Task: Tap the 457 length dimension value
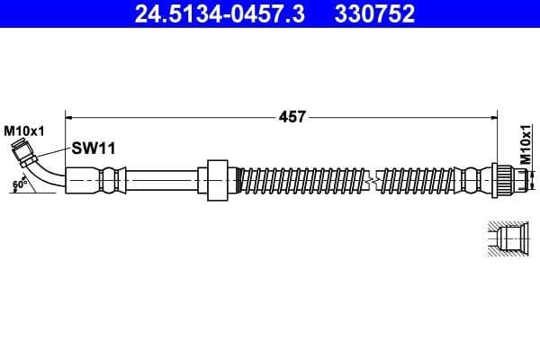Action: [x=294, y=116]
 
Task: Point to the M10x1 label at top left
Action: [x=23, y=130]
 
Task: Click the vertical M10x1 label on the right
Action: [x=526, y=144]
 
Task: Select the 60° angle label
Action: [x=18, y=185]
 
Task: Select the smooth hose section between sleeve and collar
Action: [x=162, y=180]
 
